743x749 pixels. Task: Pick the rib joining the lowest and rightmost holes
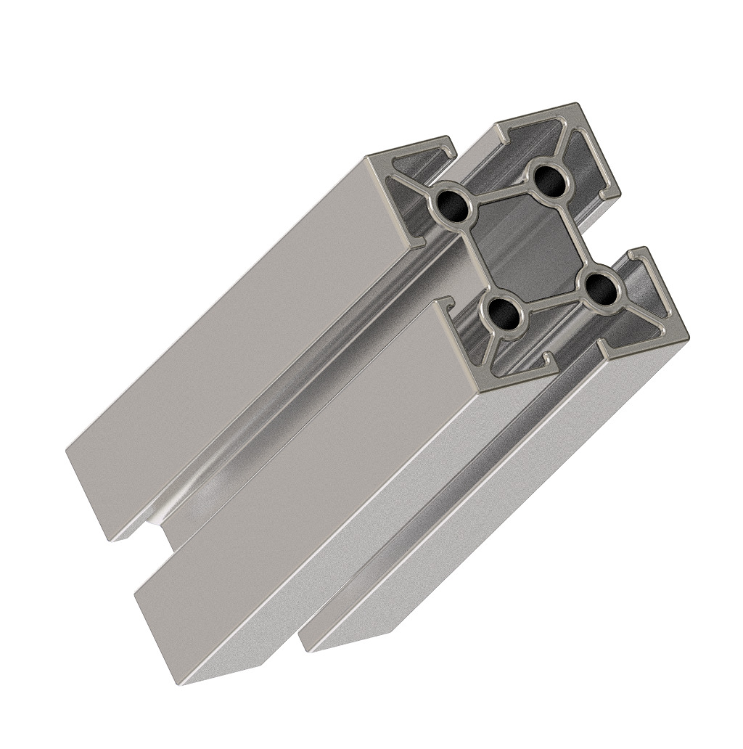[x=553, y=303]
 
